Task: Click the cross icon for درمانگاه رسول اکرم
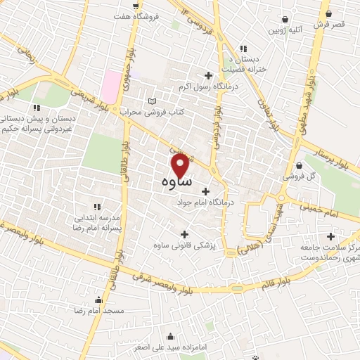[x=207, y=76]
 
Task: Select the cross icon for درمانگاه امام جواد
[x=205, y=191]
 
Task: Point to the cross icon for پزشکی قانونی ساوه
[x=185, y=235]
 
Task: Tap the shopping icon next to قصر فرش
[x=327, y=12]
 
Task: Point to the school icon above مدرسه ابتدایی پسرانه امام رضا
[x=96, y=207]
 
